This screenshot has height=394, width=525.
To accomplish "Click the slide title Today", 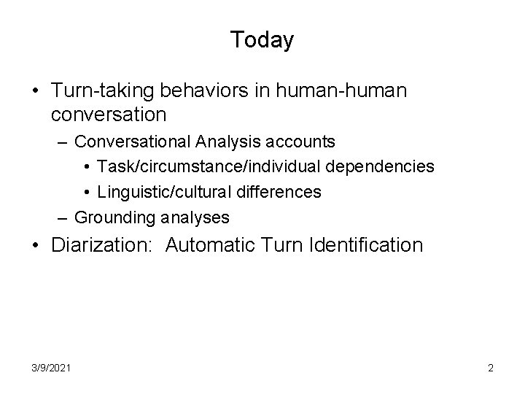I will (x=262, y=39).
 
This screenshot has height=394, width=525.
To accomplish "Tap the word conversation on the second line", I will (x=109, y=115).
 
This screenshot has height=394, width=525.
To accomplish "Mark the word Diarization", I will (x=102, y=245).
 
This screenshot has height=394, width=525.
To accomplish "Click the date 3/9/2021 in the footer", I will (x=51, y=368).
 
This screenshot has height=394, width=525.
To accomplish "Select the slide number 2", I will (x=491, y=368).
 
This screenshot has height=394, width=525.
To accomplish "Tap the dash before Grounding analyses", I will (x=63, y=217).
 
